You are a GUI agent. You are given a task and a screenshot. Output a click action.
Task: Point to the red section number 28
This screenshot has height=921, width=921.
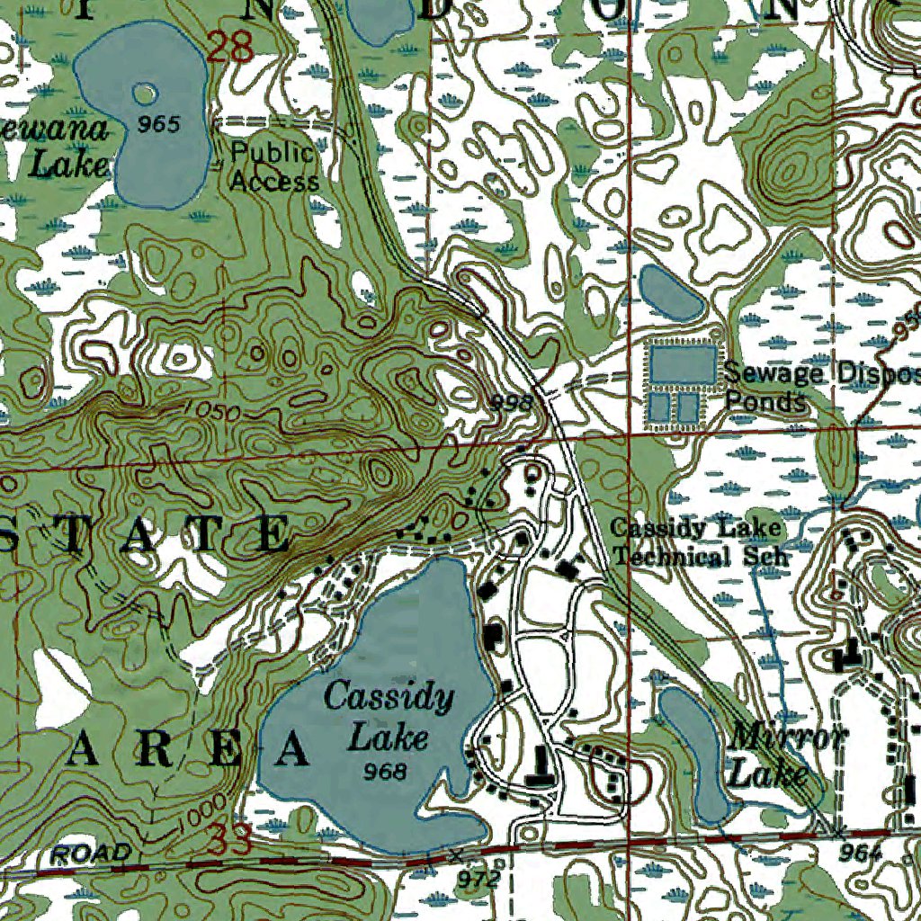(229, 47)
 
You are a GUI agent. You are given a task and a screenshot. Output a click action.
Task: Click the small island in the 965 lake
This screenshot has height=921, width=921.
(144, 93)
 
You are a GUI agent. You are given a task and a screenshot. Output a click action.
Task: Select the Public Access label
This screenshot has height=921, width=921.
(273, 166)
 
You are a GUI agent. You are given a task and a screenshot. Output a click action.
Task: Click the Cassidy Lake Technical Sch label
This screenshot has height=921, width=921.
(695, 542)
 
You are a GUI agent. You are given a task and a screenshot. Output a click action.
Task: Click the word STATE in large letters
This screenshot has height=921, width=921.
(144, 534)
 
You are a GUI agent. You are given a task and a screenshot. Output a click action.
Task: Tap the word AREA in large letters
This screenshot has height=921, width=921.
(190, 749)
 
